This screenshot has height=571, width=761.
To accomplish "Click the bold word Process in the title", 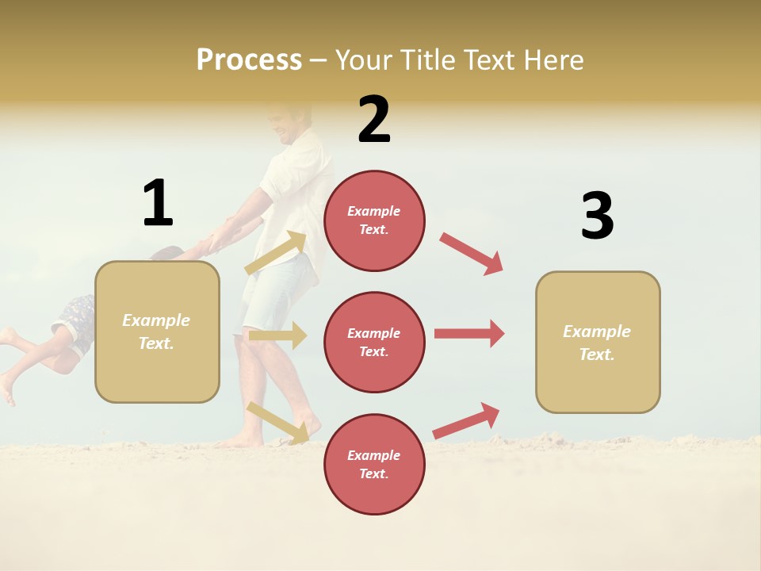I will pyautogui.click(x=249, y=60).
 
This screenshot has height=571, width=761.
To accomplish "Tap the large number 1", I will pyautogui.click(x=158, y=204).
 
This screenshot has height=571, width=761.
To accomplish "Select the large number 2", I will pyautogui.click(x=374, y=120).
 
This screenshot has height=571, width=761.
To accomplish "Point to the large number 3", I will pyautogui.click(x=597, y=217).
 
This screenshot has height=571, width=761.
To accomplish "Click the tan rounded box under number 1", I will pyautogui.click(x=157, y=331).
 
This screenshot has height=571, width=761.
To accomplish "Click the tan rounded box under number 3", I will pyautogui.click(x=598, y=343).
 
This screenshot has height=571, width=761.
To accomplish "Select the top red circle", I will pyautogui.click(x=374, y=220).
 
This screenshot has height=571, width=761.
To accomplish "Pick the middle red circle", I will pyautogui.click(x=374, y=342).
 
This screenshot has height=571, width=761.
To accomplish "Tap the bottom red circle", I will pyautogui.click(x=374, y=464).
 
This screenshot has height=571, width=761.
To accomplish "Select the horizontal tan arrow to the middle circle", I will pyautogui.click(x=277, y=335).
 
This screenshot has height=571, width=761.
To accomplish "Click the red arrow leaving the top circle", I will pyautogui.click(x=472, y=254).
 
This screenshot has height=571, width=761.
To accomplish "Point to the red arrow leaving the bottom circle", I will pyautogui.click(x=467, y=420).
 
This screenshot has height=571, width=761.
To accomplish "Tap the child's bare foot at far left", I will pyautogui.click(x=7, y=389).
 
